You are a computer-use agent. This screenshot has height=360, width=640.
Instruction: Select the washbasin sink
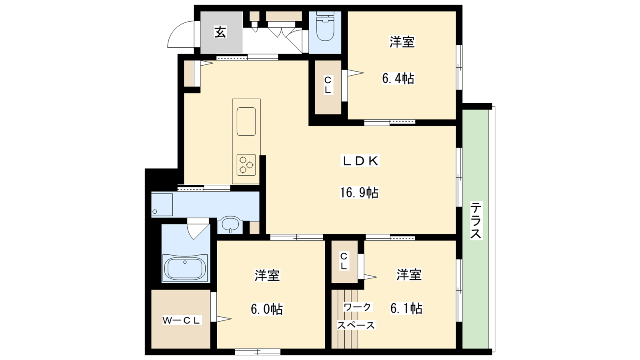tap(230, 226)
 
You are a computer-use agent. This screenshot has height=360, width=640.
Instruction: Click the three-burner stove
tap(246, 165)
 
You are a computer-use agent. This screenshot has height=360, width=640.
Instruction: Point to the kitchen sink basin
tap(246, 122)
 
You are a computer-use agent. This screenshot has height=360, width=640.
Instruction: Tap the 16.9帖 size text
tap(359, 192)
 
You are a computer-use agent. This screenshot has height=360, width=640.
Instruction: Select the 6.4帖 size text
tap(398, 78)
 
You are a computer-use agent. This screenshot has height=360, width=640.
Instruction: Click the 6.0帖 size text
tap(267, 309)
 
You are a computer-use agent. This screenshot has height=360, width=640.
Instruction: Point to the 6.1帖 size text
tap(406, 308)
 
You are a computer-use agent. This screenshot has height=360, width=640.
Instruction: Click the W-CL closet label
tap(181, 320)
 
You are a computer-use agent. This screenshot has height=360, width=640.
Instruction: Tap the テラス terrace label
tap(476, 220)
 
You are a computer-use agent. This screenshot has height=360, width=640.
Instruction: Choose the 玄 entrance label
tap(220, 32)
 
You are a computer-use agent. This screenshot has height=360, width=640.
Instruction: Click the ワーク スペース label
tap(356, 316)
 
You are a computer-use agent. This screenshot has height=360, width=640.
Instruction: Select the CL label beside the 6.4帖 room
tap(328, 84)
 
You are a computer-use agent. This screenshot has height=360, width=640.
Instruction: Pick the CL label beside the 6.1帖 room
tap(344, 261)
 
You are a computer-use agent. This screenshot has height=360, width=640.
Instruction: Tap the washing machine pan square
tap(162, 205)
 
